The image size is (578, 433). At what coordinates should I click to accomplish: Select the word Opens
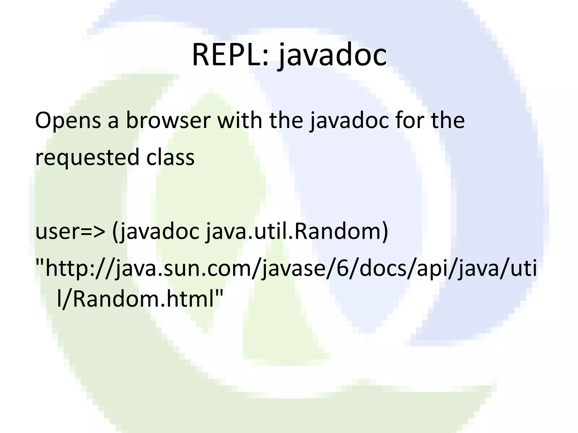(68, 121)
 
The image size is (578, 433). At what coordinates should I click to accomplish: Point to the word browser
(168, 121)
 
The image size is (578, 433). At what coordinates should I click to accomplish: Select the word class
(170, 157)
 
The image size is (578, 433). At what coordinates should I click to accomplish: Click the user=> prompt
(70, 232)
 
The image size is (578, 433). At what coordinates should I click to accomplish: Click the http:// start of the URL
(76, 268)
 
